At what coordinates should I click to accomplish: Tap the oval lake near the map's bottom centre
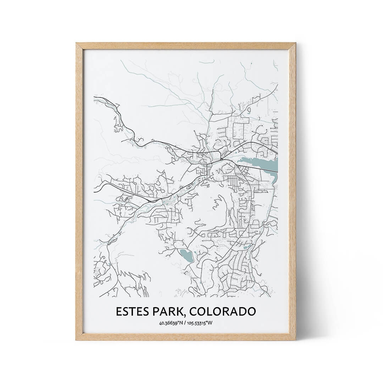point(187,255)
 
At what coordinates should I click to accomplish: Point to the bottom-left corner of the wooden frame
point(77,339)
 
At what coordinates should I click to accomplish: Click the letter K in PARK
point(181,311)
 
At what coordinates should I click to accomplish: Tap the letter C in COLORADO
point(194,311)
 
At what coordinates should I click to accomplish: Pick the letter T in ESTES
point(132,311)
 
